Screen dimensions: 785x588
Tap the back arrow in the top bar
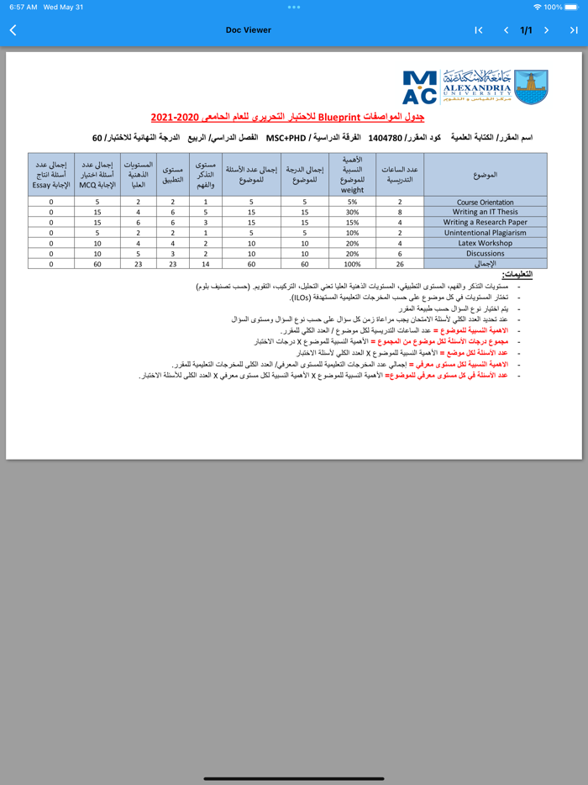click(x=13, y=30)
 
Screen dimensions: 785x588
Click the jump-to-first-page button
click(x=479, y=30)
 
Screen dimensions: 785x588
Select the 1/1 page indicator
click(x=526, y=30)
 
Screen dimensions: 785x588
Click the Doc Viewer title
click(x=249, y=30)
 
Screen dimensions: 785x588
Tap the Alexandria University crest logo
click(x=530, y=87)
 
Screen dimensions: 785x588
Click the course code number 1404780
click(x=385, y=137)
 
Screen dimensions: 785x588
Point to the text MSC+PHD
click(x=286, y=137)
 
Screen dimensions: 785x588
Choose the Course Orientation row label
click(x=486, y=202)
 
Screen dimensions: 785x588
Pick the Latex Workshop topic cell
click(x=486, y=243)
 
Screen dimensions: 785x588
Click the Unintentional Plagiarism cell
click(x=486, y=233)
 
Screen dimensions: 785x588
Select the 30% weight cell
click(x=352, y=212)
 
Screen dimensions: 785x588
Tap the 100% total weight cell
click(x=352, y=264)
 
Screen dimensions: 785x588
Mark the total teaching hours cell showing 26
click(x=400, y=264)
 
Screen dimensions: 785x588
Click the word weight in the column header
click(x=352, y=190)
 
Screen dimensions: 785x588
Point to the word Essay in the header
click(x=43, y=184)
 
